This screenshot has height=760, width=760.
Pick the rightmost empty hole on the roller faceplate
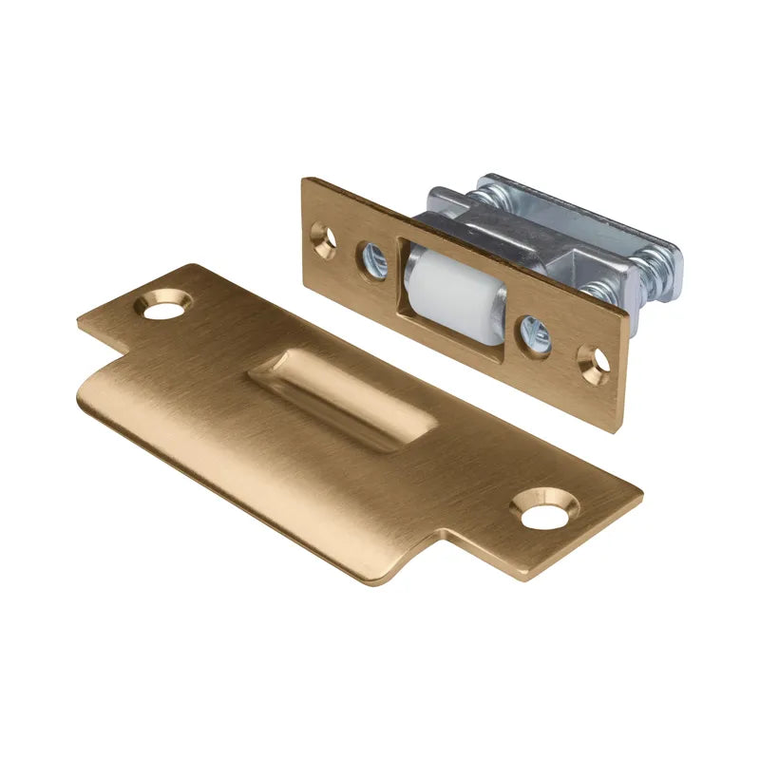(596, 363)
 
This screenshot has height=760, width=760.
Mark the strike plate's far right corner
(641, 494)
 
